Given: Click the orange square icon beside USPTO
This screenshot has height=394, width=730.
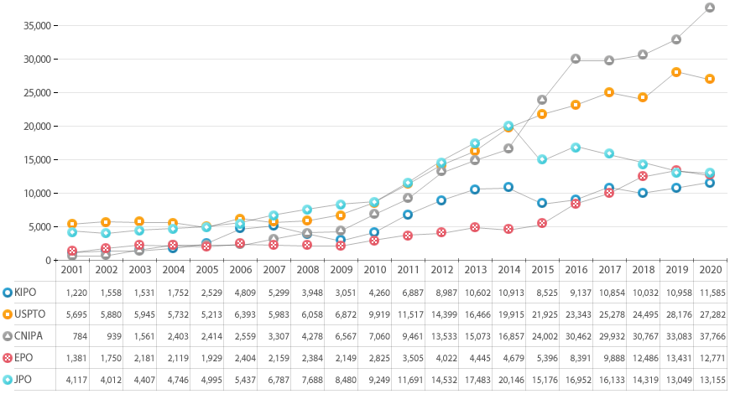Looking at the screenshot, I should (8, 314).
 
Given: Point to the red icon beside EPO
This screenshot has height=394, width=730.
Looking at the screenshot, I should (8, 358).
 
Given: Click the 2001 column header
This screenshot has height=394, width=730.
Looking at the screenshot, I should (71, 270).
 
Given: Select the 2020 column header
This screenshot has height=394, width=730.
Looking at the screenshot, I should (709, 270).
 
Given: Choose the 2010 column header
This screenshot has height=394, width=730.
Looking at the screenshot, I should (373, 270).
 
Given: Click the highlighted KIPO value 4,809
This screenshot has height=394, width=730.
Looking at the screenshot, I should (239, 293).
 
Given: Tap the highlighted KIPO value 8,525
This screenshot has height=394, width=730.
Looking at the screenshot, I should (541, 293).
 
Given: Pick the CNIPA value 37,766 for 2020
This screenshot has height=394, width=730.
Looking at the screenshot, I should (709, 336).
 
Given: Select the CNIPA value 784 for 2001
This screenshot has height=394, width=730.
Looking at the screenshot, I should (71, 336).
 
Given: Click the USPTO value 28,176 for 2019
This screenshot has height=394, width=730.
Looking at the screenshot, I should (675, 314).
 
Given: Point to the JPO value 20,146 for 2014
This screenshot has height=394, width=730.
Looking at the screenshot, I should (508, 380).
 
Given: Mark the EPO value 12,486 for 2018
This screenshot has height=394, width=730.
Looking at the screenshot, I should (642, 358).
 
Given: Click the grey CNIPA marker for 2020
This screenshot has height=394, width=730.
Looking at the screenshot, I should (710, 8).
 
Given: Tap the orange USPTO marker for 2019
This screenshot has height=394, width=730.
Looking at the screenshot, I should (676, 72).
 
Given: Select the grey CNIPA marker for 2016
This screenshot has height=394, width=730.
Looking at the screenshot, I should (576, 59).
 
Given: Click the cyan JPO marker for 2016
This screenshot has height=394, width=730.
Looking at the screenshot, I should (576, 148).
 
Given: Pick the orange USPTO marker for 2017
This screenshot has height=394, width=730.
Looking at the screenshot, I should (609, 92).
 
